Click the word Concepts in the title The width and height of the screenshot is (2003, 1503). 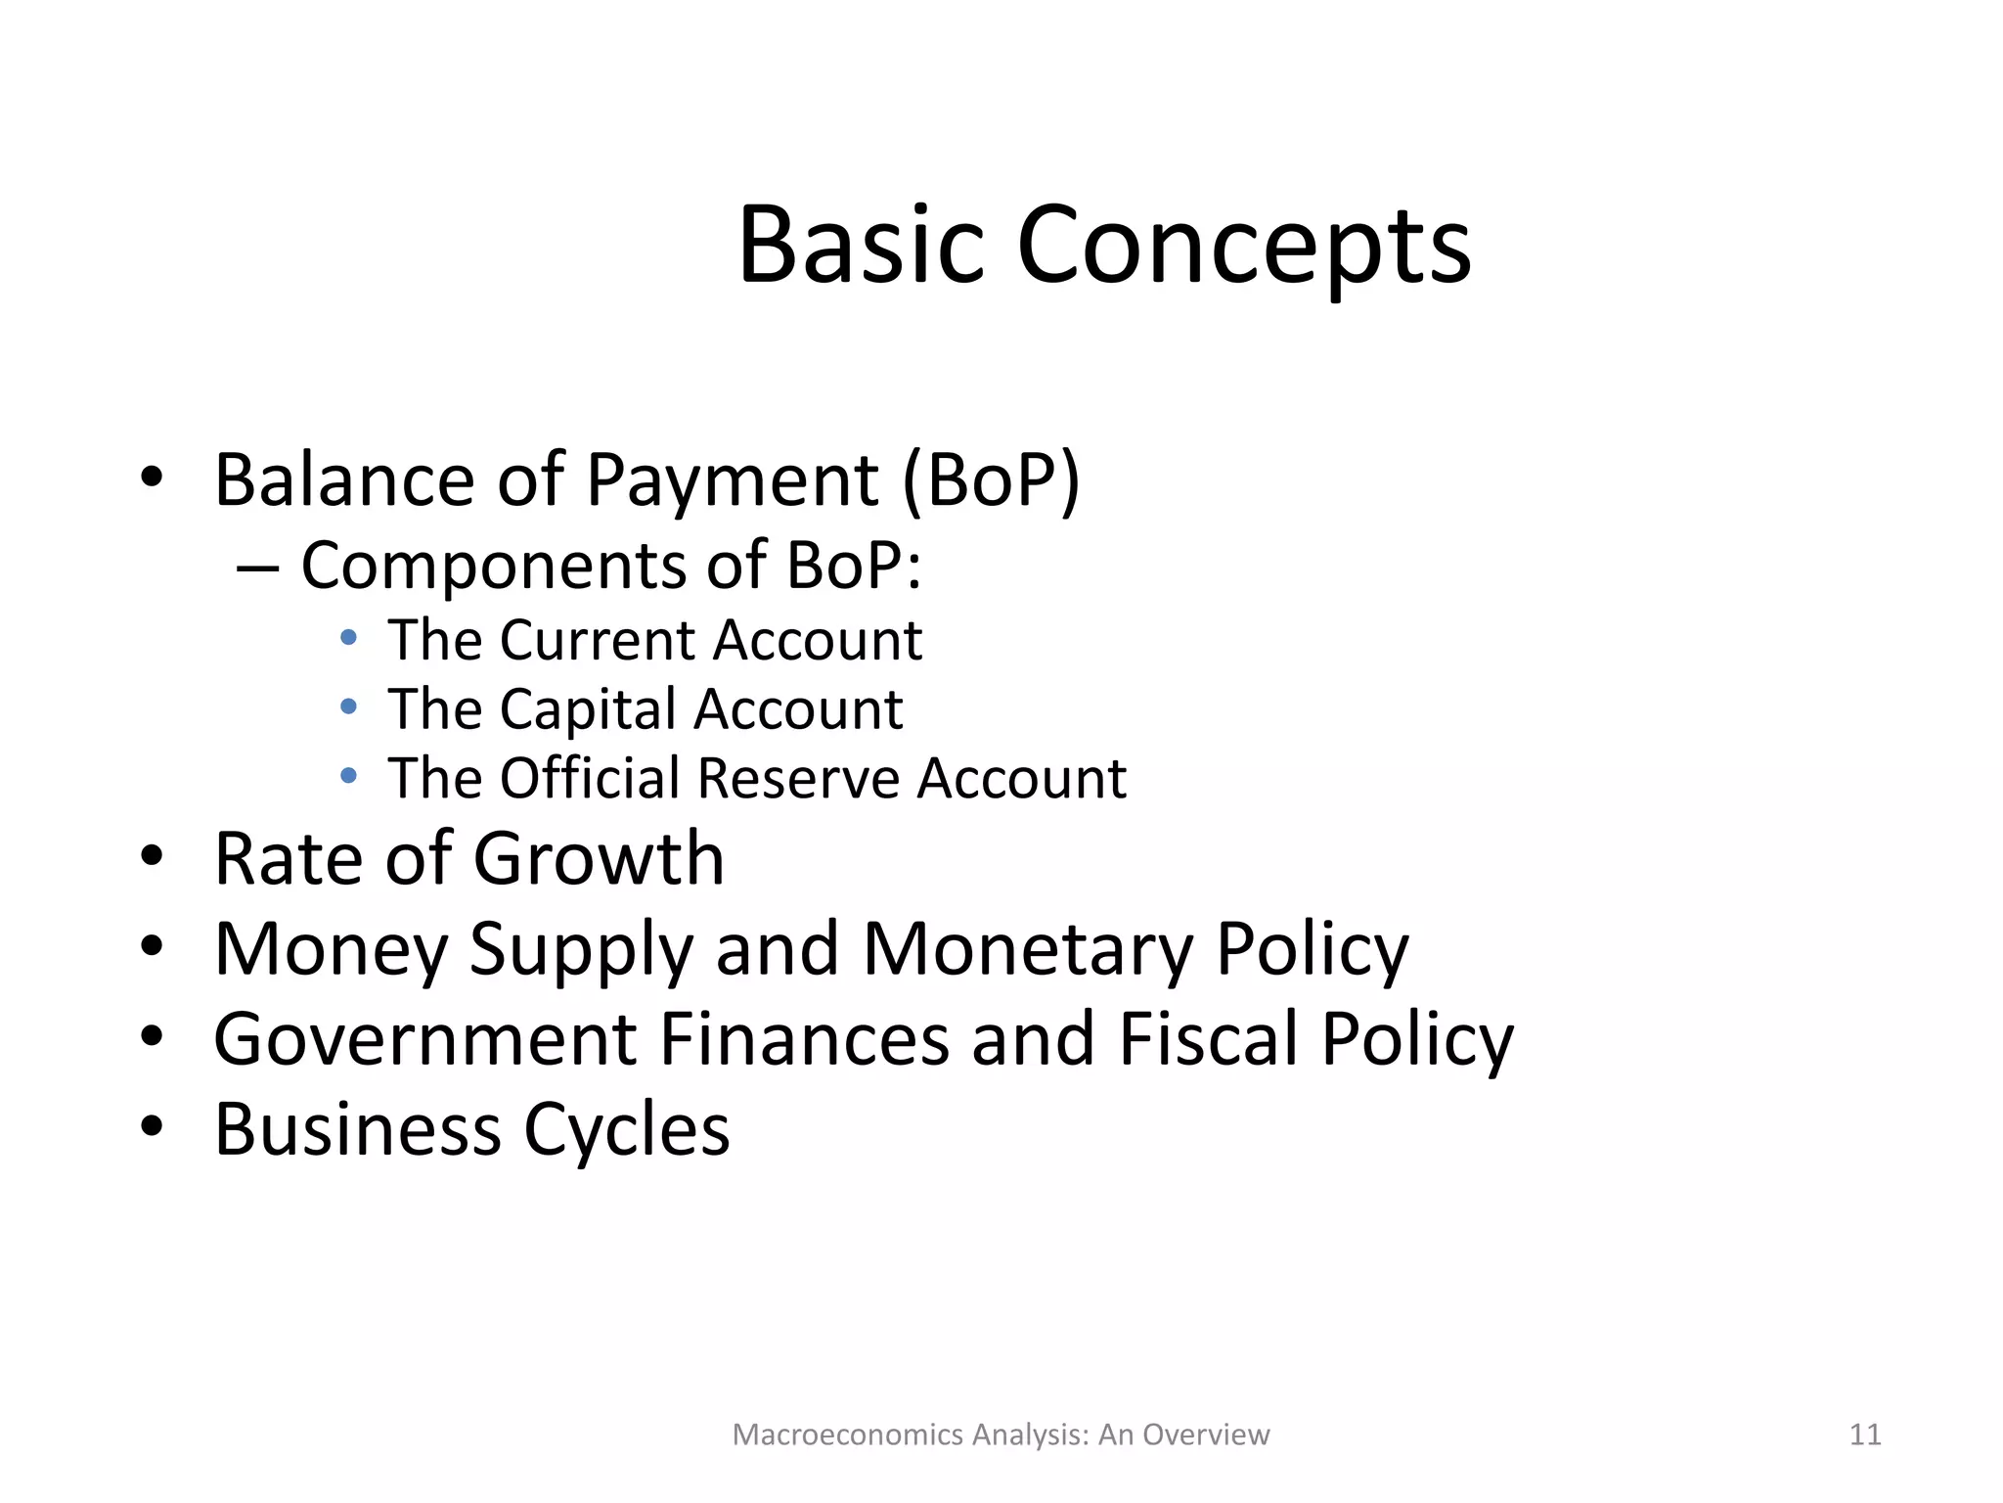[x=1244, y=247]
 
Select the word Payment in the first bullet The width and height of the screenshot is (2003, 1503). [x=733, y=481]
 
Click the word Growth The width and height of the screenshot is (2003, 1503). [x=599, y=858]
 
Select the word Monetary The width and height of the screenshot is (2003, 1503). [x=1028, y=949]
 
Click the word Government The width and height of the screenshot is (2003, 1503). [x=425, y=1039]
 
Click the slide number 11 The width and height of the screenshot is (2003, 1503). [x=1865, y=1435]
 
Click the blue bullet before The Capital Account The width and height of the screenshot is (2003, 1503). [x=348, y=707]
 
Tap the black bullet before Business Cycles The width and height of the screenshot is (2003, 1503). [x=152, y=1125]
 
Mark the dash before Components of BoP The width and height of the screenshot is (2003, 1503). [x=258, y=569]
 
